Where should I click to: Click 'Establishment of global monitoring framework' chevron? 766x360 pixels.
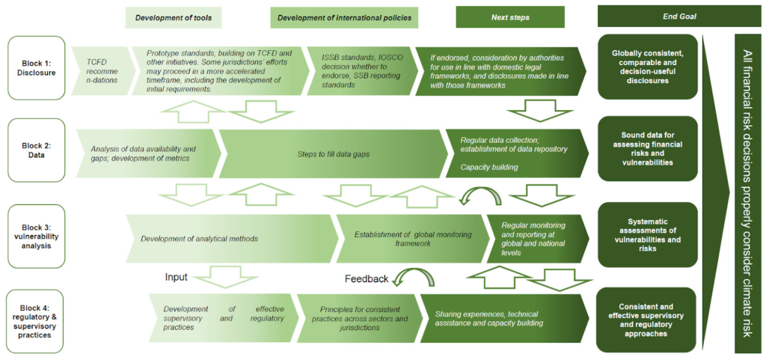(408, 239)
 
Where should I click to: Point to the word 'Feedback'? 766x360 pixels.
(366, 278)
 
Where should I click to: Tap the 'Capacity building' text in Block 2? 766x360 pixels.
(488, 167)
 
